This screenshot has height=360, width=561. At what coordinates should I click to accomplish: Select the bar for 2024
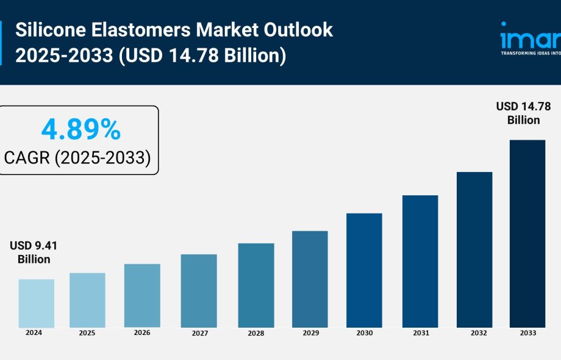[x=36, y=303]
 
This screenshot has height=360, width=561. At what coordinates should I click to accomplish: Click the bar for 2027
[x=199, y=290]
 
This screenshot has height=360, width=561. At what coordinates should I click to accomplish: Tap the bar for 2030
[x=364, y=270]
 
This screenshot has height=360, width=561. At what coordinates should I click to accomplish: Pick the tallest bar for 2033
[x=527, y=234]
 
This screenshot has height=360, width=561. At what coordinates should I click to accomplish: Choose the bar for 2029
[x=310, y=279]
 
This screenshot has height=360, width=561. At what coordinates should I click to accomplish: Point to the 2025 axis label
[x=87, y=333]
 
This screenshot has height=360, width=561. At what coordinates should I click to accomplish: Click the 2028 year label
[x=255, y=333]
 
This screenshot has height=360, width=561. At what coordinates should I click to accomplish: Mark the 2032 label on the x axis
[x=474, y=333]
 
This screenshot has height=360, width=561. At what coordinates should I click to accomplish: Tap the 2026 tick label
[x=141, y=333]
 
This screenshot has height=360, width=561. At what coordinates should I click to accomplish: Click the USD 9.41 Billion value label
[x=34, y=252]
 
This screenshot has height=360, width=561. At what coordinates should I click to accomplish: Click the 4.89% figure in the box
[x=80, y=130]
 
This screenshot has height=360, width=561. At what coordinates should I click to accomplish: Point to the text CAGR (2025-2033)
[x=77, y=158]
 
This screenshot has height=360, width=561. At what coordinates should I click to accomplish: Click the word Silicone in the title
[x=45, y=30]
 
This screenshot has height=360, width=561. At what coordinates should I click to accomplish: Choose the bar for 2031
[x=420, y=261]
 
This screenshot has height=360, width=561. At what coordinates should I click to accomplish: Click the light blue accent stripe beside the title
[x=2, y=43]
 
